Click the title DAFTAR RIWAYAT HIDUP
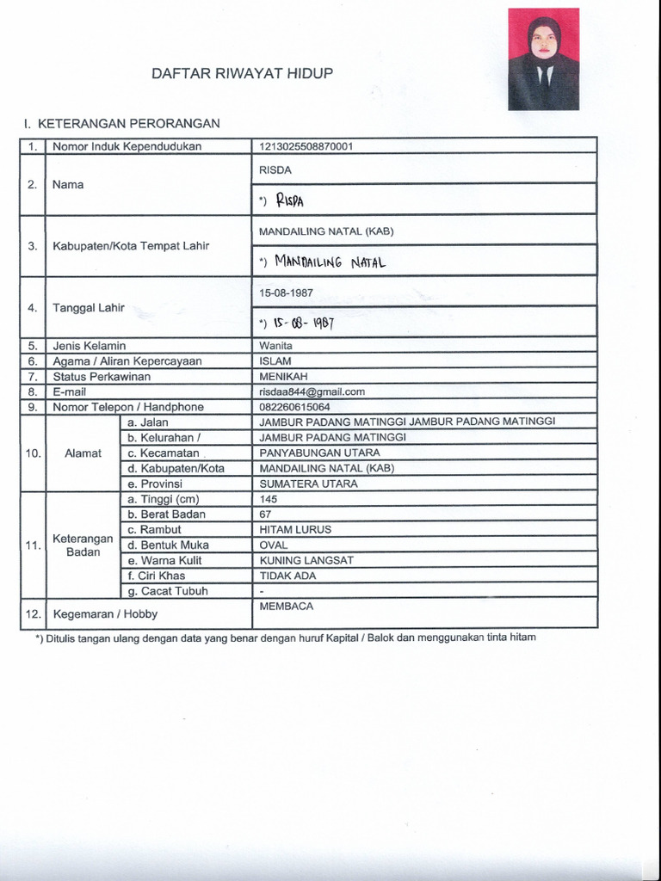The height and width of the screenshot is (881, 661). click(242, 74)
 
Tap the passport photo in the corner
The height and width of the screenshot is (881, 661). click(543, 59)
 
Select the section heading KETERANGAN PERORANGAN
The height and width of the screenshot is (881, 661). click(121, 124)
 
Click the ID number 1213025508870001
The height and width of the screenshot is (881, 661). click(306, 146)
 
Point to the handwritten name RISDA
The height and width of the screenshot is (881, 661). click(290, 201)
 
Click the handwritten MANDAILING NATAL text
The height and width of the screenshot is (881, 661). click(329, 262)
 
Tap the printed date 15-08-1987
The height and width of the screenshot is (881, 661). click(286, 293)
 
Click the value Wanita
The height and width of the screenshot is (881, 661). click(275, 346)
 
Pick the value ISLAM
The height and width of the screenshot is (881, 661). click(275, 361)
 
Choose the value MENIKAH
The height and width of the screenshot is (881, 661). click(283, 377)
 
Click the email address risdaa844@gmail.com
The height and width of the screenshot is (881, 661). click(312, 391)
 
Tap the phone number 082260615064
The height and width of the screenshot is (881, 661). click(294, 407)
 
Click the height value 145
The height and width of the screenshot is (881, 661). click(268, 499)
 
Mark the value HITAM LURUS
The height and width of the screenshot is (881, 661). click(295, 530)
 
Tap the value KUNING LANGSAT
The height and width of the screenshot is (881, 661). click(306, 561)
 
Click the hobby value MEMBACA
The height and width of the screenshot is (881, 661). click(286, 607)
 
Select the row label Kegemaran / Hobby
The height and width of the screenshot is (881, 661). click(105, 614)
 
